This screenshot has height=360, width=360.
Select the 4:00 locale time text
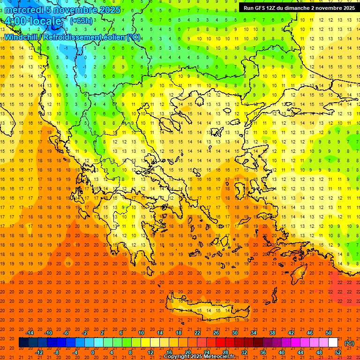pyautogui.click(x=33, y=21)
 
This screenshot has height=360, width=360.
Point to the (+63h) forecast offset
pyautogui.click(x=81, y=21)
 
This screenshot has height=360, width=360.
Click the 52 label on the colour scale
pyautogui.click(x=338, y=352)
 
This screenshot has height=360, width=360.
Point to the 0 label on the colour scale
pyautogui.click(x=93, y=352)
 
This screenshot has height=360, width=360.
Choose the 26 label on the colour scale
pyautogui.click(x=216, y=333)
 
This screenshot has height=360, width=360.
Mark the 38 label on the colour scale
pyautogui.click(x=272, y=333)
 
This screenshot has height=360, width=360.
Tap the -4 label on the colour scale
pyautogui.click(x=75, y=352)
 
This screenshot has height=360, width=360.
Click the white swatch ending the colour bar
pyautogui.click(x=333, y=343)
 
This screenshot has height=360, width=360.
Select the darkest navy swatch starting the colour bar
pyautogui.click(x=23, y=343)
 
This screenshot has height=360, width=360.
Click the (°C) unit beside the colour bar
pyautogui.click(x=349, y=343)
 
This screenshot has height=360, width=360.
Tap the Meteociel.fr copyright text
pyautogui.click(x=199, y=357)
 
